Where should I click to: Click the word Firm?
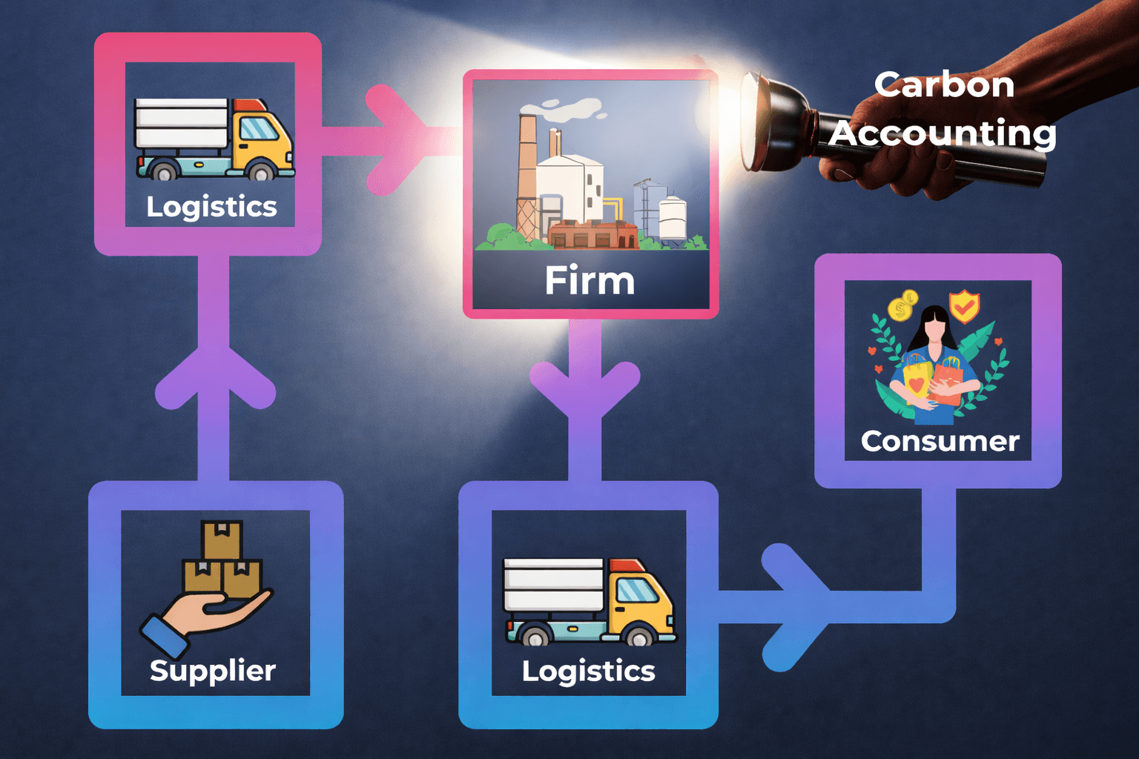click(x=590, y=281)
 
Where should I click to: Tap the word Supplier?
click(x=213, y=671)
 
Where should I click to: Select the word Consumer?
click(x=940, y=441)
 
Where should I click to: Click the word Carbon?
click(x=944, y=84)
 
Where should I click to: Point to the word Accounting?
click(x=942, y=133)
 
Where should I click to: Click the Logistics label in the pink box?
click(x=211, y=207)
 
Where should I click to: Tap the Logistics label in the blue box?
click(x=588, y=671)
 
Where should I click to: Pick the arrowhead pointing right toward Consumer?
click(x=796, y=607)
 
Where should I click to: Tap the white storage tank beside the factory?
click(x=673, y=217)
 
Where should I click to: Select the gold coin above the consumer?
click(x=903, y=306)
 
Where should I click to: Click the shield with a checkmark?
click(x=964, y=305)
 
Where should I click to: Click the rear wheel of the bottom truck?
click(x=533, y=637)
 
